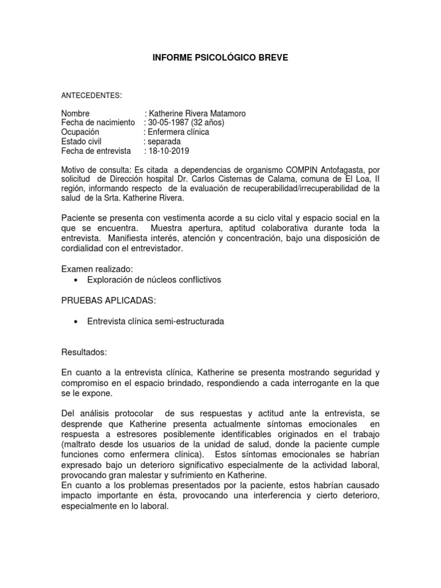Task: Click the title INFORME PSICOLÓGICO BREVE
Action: (220, 58)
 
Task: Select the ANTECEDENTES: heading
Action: (92, 95)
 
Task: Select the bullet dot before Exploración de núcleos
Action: (76, 280)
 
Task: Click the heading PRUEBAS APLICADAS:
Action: (108, 301)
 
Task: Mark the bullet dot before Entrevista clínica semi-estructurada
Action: (76, 322)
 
